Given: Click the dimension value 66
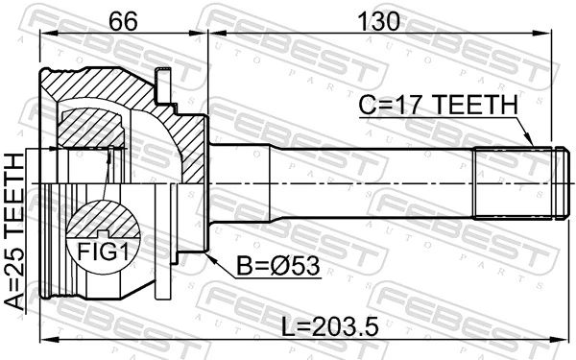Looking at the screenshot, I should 122,19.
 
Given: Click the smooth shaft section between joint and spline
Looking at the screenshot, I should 346,183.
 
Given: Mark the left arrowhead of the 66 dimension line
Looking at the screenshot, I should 44,36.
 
